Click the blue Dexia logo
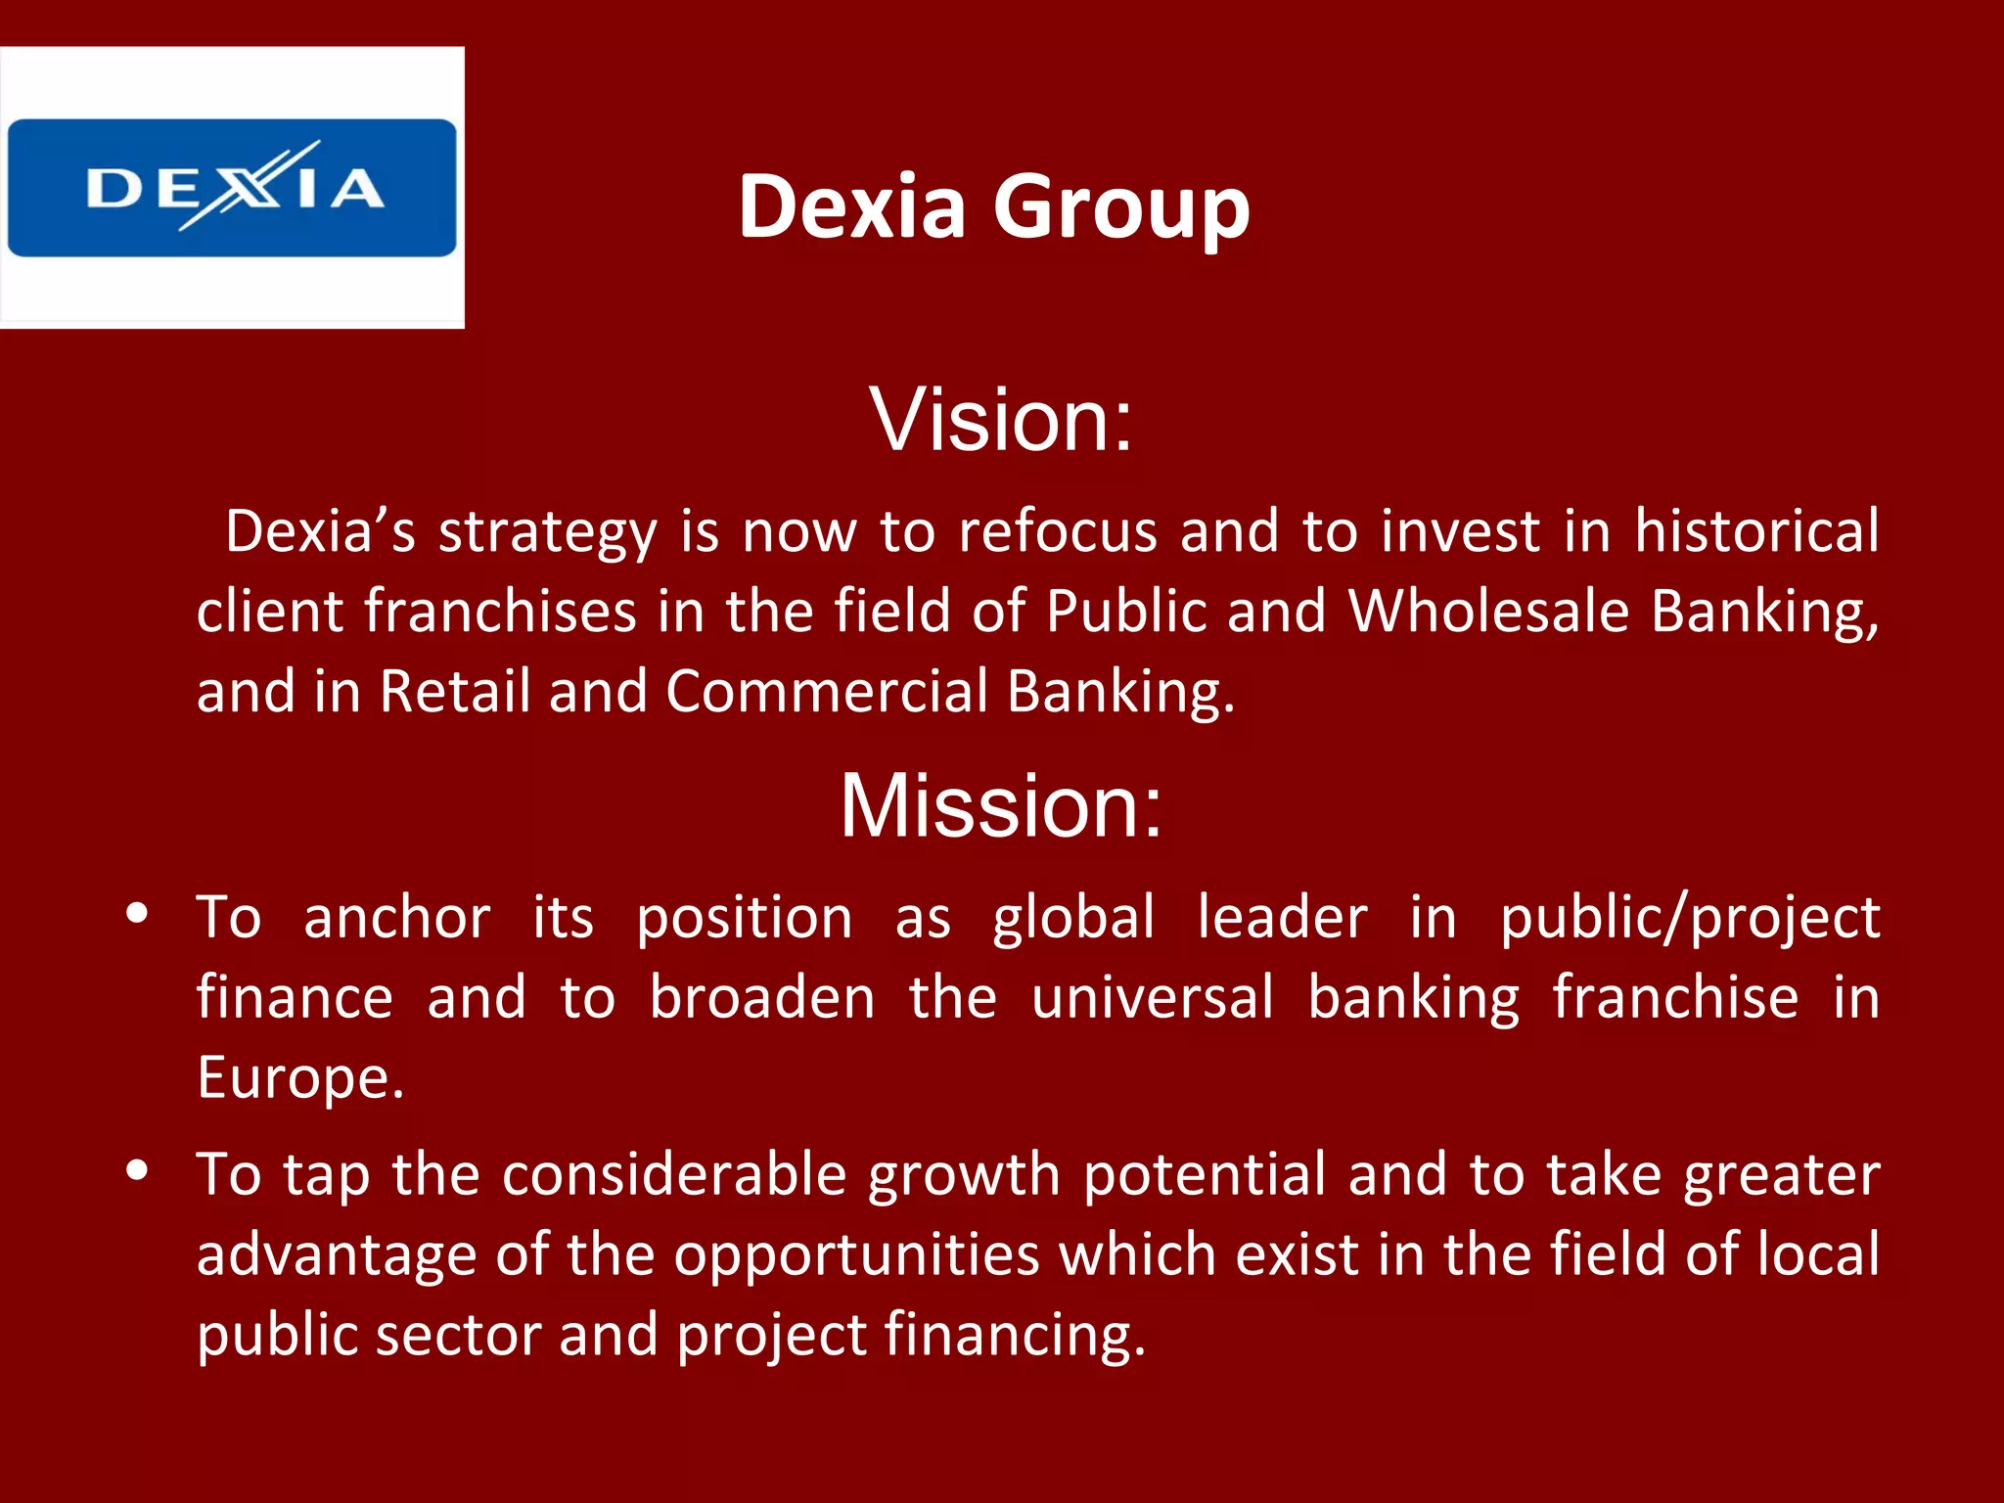coord(232,188)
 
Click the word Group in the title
coord(1121,206)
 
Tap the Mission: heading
coord(1001,805)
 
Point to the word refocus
coord(1057,531)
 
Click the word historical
coord(1756,531)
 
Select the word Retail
coord(455,691)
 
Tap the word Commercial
coord(827,691)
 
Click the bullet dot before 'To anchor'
coord(137,914)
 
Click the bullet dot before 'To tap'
coord(137,1170)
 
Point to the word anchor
coord(397,918)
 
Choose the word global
coord(1073,918)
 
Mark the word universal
coord(1153,998)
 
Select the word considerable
coord(674,1174)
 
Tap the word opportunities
coord(856,1255)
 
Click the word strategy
coord(548,533)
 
